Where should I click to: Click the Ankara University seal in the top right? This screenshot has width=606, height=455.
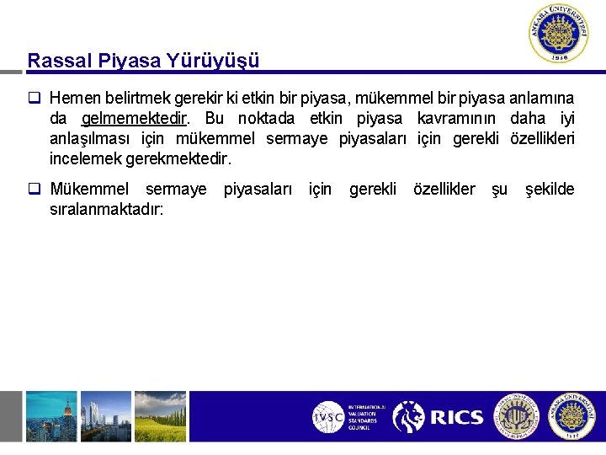[x=560, y=33]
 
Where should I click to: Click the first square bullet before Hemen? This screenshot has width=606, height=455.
[x=34, y=98]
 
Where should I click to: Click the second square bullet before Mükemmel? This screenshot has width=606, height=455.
[x=34, y=190]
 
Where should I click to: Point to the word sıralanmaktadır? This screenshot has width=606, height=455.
[x=106, y=208]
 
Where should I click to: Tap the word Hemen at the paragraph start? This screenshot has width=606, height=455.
[x=74, y=98]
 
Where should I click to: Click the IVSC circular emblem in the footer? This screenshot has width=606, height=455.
[x=328, y=416]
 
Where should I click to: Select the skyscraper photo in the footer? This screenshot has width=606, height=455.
[x=50, y=416]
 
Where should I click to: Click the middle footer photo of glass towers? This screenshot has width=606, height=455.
[x=106, y=416]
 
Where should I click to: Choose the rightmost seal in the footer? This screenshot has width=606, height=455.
[x=571, y=416]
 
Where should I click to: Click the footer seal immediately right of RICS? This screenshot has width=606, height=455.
[x=515, y=416]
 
